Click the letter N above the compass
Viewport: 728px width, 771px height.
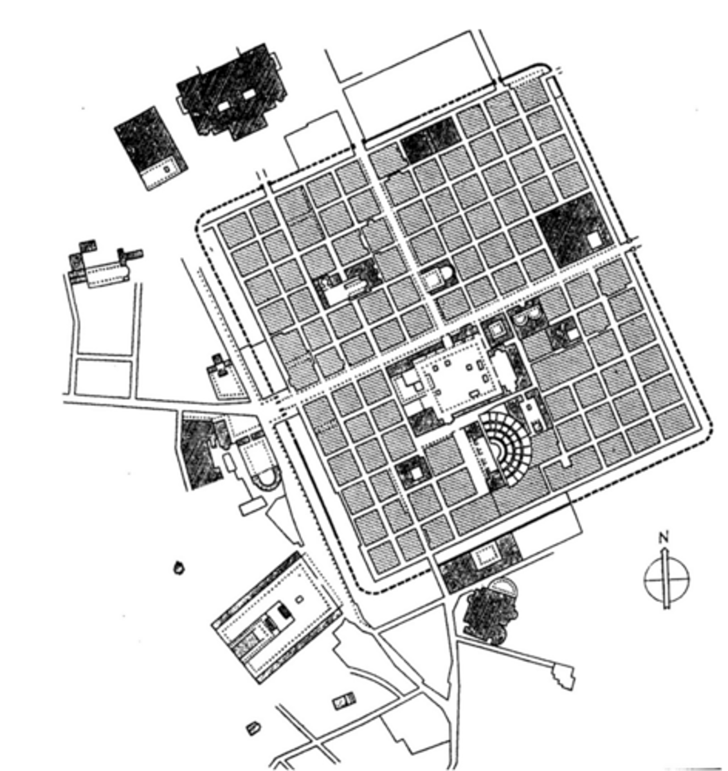pos(664,538)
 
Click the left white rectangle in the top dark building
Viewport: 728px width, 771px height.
pos(223,107)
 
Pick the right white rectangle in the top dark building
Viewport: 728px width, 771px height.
pos(249,94)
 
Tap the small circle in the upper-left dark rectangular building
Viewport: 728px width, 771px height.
pos(167,169)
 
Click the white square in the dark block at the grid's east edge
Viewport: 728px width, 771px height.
pos(594,240)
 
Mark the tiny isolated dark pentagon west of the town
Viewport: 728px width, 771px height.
pos(179,568)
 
